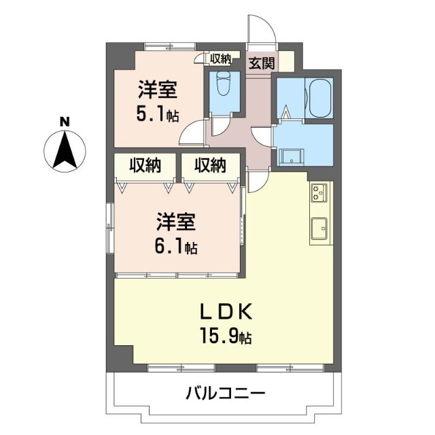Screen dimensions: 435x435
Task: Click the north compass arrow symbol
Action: pos(65,150)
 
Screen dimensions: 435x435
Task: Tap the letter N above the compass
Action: pos(65,122)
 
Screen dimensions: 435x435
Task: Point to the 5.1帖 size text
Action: pos(158,114)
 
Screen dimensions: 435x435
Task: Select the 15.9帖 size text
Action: pos(226,336)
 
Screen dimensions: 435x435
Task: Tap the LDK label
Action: pos(226,313)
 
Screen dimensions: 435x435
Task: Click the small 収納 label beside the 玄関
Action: pos(220,59)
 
